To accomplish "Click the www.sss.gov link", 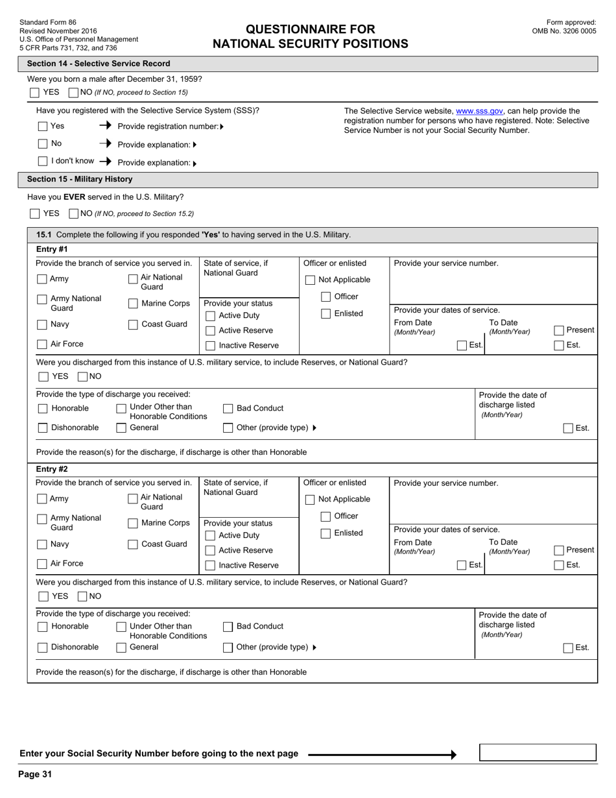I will pyautogui.click(x=479, y=111).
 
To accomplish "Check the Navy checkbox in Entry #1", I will pyautogui.click(x=42, y=325).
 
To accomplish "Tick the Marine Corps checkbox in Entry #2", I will pyautogui.click(x=133, y=524).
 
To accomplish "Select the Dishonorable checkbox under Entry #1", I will pyautogui.click(x=43, y=428).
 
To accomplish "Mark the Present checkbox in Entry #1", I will pyautogui.click(x=559, y=330).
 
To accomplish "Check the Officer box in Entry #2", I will pyautogui.click(x=326, y=517).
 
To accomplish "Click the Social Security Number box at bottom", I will pyautogui.click(x=537, y=753).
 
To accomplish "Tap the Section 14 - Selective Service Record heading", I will pyautogui.click(x=99, y=64).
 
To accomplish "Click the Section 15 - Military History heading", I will pyautogui.click(x=80, y=179).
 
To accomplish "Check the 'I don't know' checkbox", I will pyautogui.click(x=43, y=161).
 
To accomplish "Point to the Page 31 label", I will pyautogui.click(x=35, y=774).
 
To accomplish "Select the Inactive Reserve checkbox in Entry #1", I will pyautogui.click(x=210, y=346).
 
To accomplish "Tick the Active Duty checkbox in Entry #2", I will pyautogui.click(x=210, y=536).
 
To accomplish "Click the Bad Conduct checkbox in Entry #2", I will pyautogui.click(x=228, y=627).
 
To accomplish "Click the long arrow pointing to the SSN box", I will pyautogui.click(x=382, y=755).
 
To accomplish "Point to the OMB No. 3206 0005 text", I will pyautogui.click(x=563, y=30).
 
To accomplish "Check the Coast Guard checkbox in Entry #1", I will pyautogui.click(x=133, y=325).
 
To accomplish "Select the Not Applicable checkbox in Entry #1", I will pyautogui.click(x=310, y=280).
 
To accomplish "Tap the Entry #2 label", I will pyautogui.click(x=52, y=469).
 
